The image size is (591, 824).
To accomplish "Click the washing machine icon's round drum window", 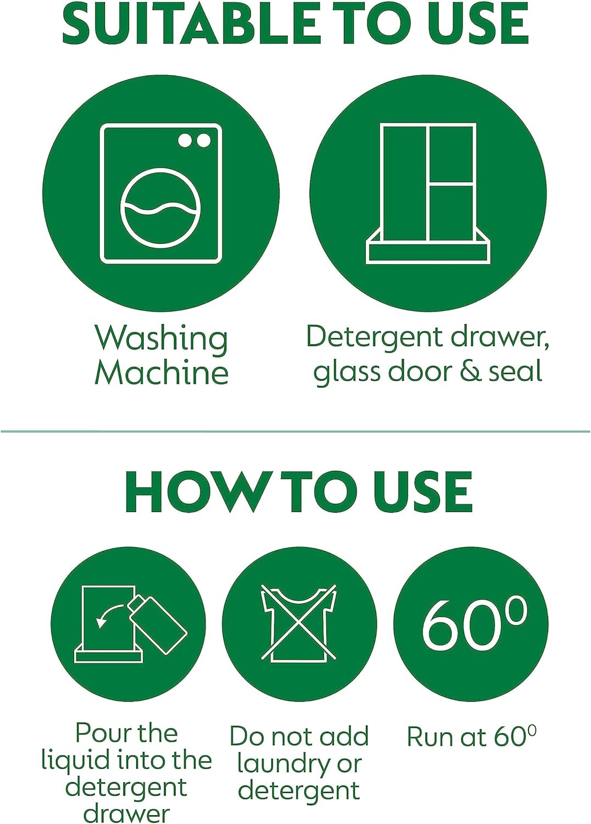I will pos(160,208).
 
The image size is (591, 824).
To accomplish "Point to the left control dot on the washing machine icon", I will pos(186,141).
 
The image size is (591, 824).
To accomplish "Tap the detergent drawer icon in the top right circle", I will pos(428,193).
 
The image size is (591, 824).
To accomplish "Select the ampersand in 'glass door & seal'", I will pos(470,371).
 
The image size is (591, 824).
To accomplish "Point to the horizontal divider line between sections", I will pos(295,431).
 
